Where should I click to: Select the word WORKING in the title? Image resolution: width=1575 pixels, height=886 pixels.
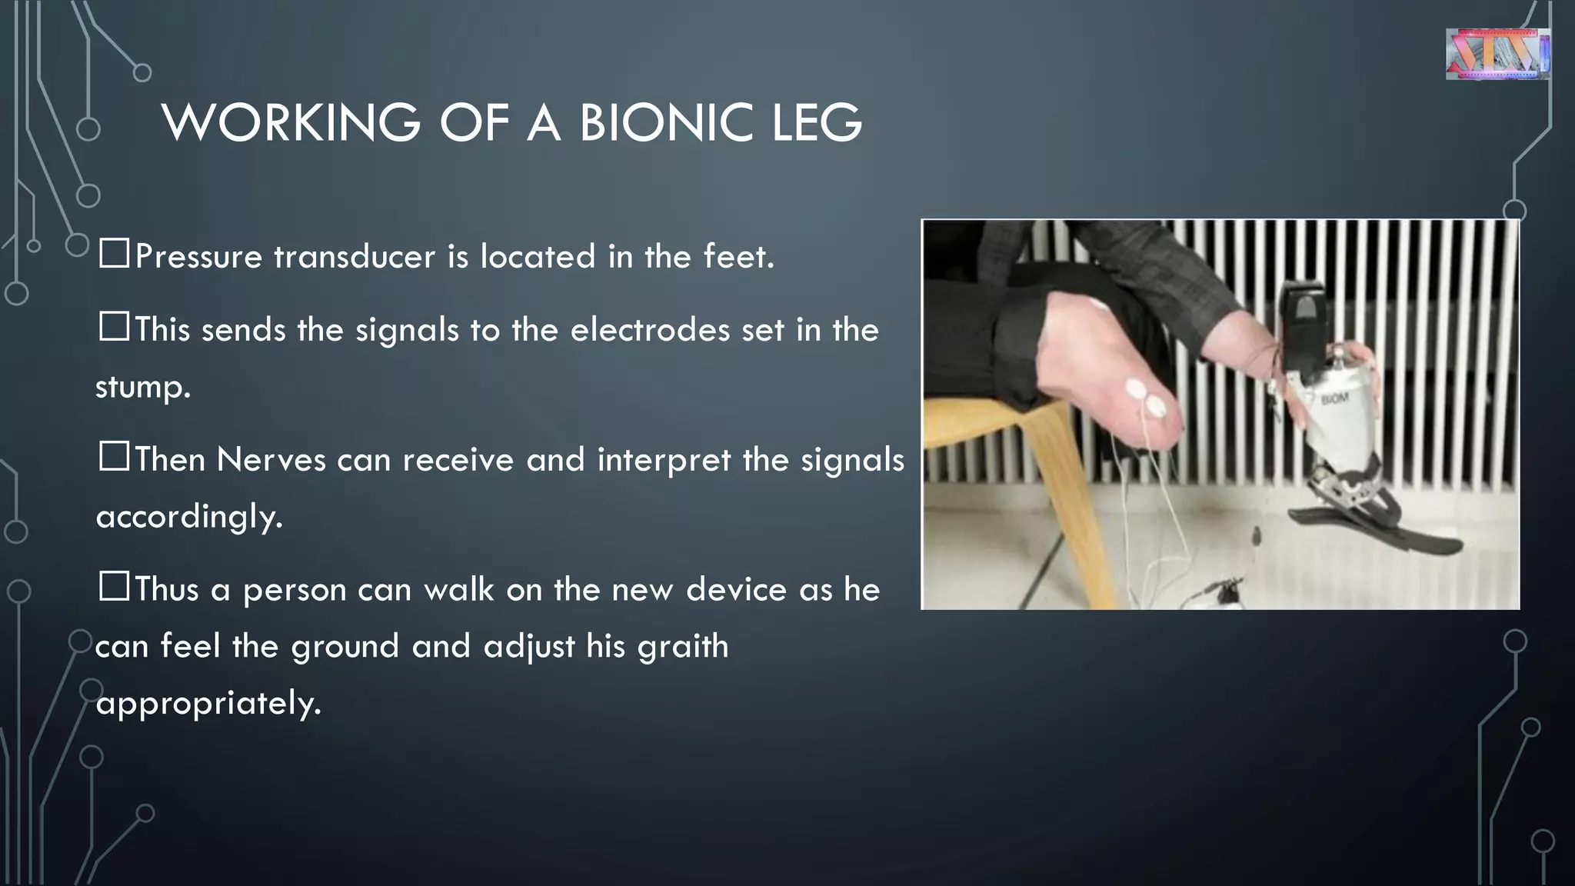point(291,123)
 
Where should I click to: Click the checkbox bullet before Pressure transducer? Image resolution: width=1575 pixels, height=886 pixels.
point(114,254)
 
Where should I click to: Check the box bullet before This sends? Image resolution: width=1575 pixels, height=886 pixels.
point(114,327)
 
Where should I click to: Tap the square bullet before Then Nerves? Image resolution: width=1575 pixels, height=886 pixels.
point(114,457)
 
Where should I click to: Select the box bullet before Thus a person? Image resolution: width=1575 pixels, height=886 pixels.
point(114,587)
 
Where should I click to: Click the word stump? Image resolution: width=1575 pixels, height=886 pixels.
point(142,387)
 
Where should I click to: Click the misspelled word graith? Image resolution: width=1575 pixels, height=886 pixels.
point(682,646)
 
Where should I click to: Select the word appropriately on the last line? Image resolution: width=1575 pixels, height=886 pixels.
point(208,703)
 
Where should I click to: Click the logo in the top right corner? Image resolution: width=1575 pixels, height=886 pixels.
point(1497,54)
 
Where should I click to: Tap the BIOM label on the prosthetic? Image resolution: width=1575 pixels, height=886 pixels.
point(1334,399)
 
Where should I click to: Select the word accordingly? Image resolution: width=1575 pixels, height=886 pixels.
point(189,517)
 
